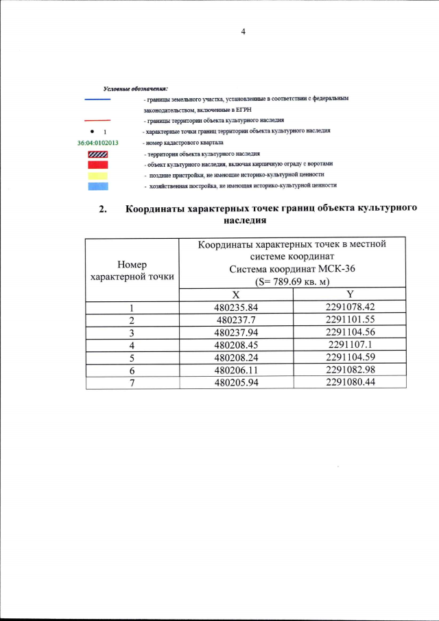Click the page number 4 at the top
pyautogui.click(x=243, y=32)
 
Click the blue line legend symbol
pyautogui.click(x=97, y=100)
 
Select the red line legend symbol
pyautogui.click(x=97, y=120)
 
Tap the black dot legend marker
pyautogui.click(x=91, y=130)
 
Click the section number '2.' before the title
pyautogui.click(x=104, y=210)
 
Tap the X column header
pyautogui.click(x=235, y=294)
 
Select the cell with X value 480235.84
pyautogui.click(x=235, y=307)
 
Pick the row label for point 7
pyautogui.click(x=132, y=382)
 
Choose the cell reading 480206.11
pyautogui.click(x=235, y=370)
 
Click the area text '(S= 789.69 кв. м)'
pyautogui.click(x=292, y=281)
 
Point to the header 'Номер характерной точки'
pyautogui.click(x=132, y=270)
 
